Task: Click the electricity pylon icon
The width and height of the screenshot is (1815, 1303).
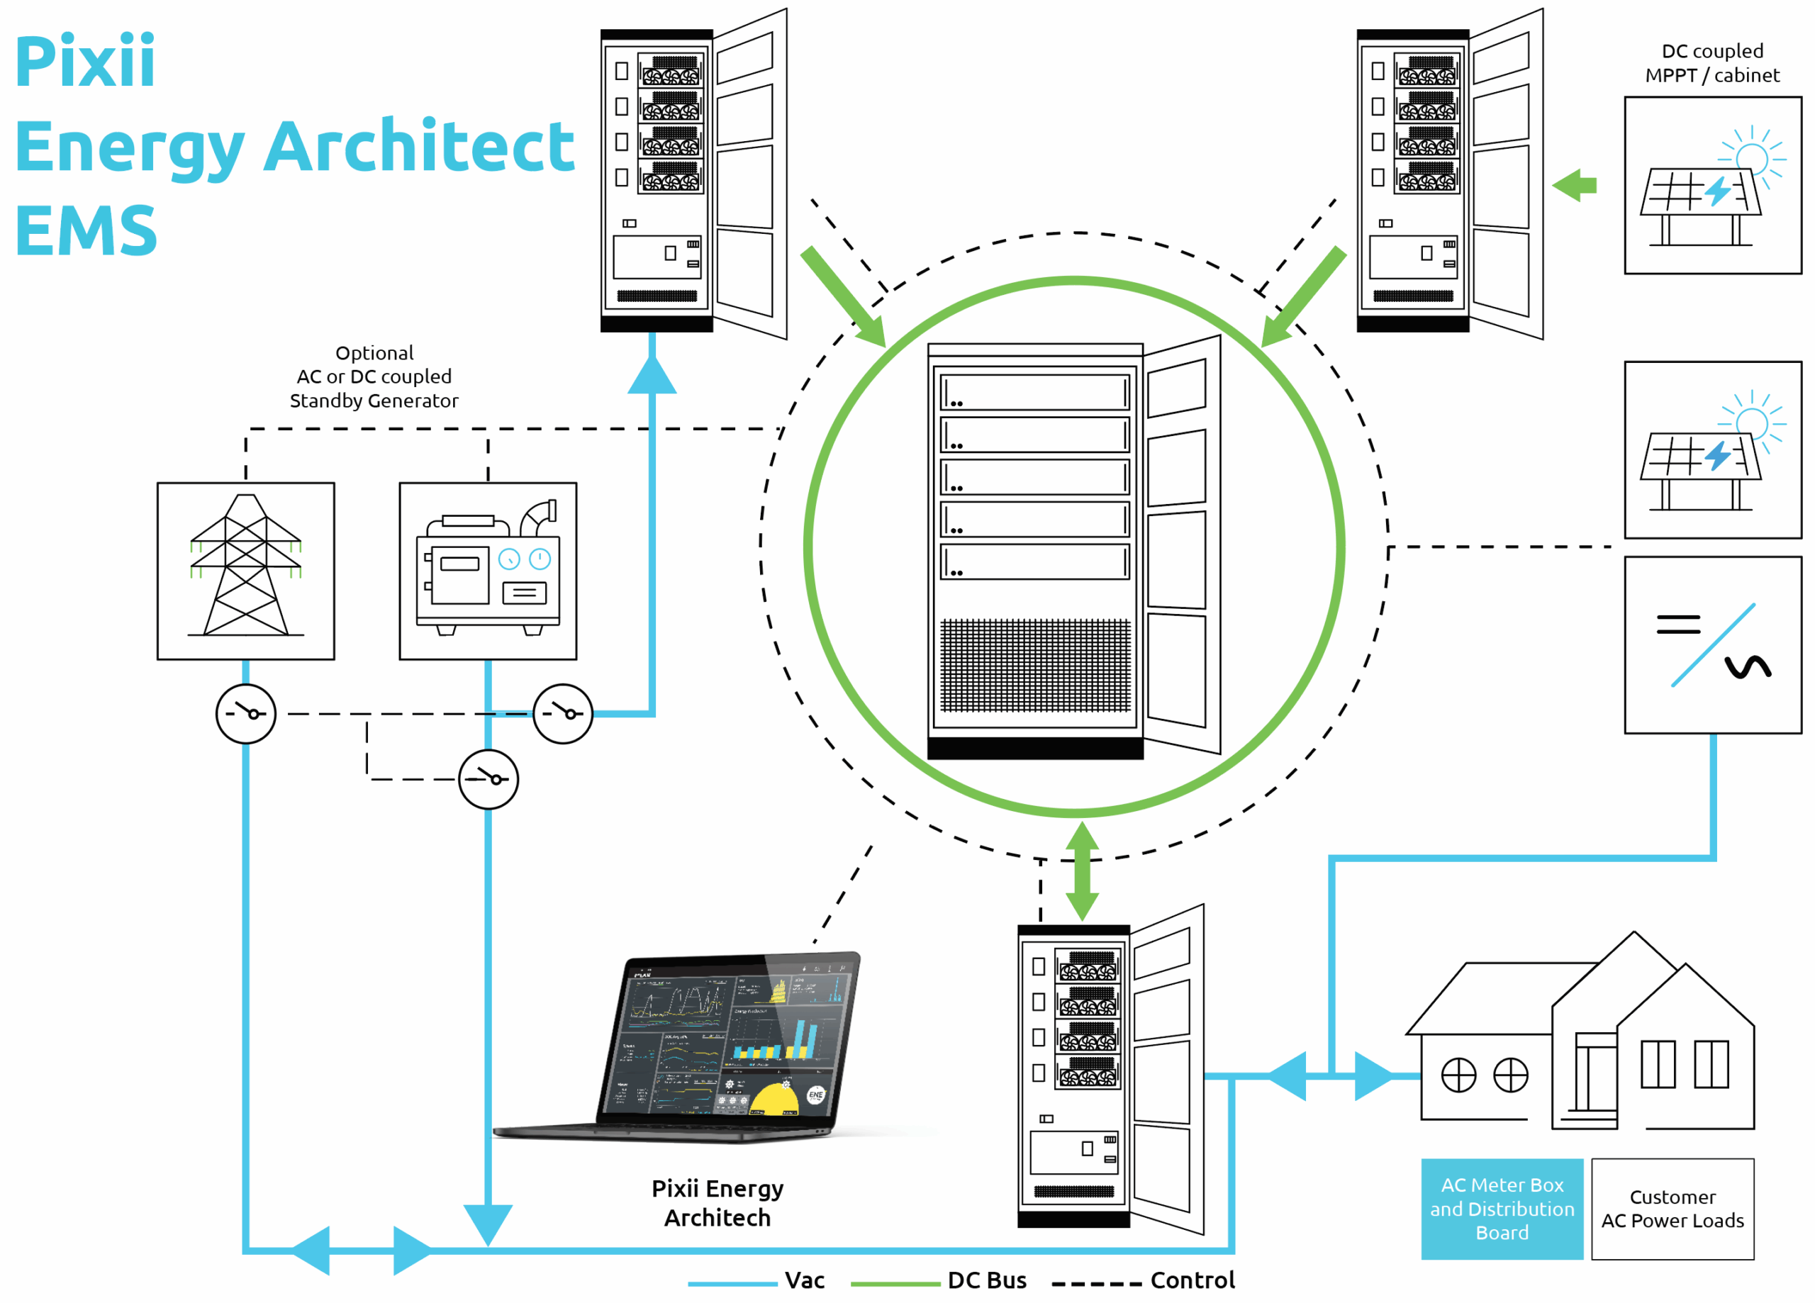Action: click(x=246, y=571)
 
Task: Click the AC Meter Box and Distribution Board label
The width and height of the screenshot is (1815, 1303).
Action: click(x=1502, y=1208)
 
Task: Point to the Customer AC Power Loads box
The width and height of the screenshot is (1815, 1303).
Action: click(x=1672, y=1208)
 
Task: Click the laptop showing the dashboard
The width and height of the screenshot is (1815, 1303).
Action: click(x=720, y=1044)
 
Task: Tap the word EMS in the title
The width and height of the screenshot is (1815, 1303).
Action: click(x=86, y=230)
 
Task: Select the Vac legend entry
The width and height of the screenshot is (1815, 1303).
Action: click(x=803, y=1280)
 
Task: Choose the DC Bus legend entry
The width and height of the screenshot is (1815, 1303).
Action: click(x=986, y=1280)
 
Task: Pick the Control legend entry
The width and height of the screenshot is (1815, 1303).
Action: click(x=1192, y=1280)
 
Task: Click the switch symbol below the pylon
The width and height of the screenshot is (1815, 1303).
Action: click(x=246, y=713)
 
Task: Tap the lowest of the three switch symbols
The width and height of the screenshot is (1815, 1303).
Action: click(x=488, y=779)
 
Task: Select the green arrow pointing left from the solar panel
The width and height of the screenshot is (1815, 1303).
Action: click(x=1573, y=186)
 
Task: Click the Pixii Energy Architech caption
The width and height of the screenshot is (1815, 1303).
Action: click(x=717, y=1202)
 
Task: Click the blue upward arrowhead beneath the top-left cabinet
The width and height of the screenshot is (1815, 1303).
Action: click(x=652, y=374)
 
